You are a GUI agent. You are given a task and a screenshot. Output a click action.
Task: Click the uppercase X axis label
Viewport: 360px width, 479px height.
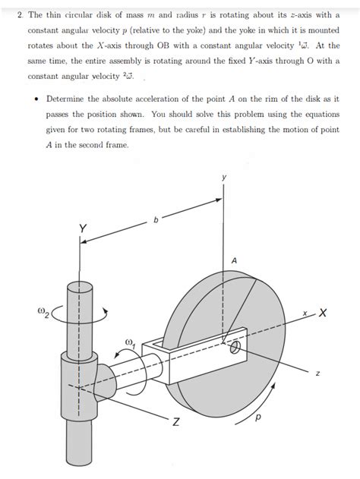(x=323, y=313)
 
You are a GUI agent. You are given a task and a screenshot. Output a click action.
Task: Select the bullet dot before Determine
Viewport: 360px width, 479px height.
(x=37, y=99)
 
